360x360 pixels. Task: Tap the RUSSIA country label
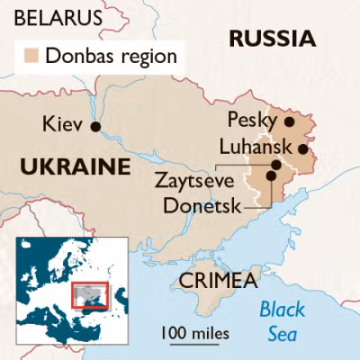pyautogui.click(x=273, y=38)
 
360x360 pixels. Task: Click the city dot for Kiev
pyautogui.click(x=95, y=126)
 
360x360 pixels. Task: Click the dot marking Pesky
pyautogui.click(x=289, y=121)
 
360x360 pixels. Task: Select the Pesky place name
pyautogui.click(x=253, y=121)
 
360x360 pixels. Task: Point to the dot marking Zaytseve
pyautogui.click(x=276, y=165)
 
